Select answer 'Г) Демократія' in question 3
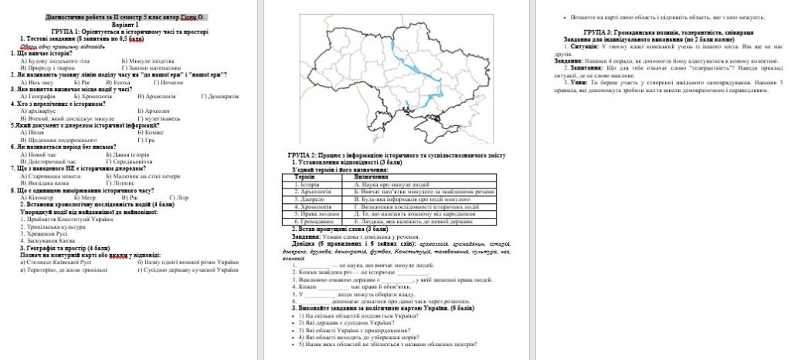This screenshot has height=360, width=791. (220, 96)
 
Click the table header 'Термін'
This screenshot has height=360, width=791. (304, 177)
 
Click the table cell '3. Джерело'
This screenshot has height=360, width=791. (301, 198)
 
